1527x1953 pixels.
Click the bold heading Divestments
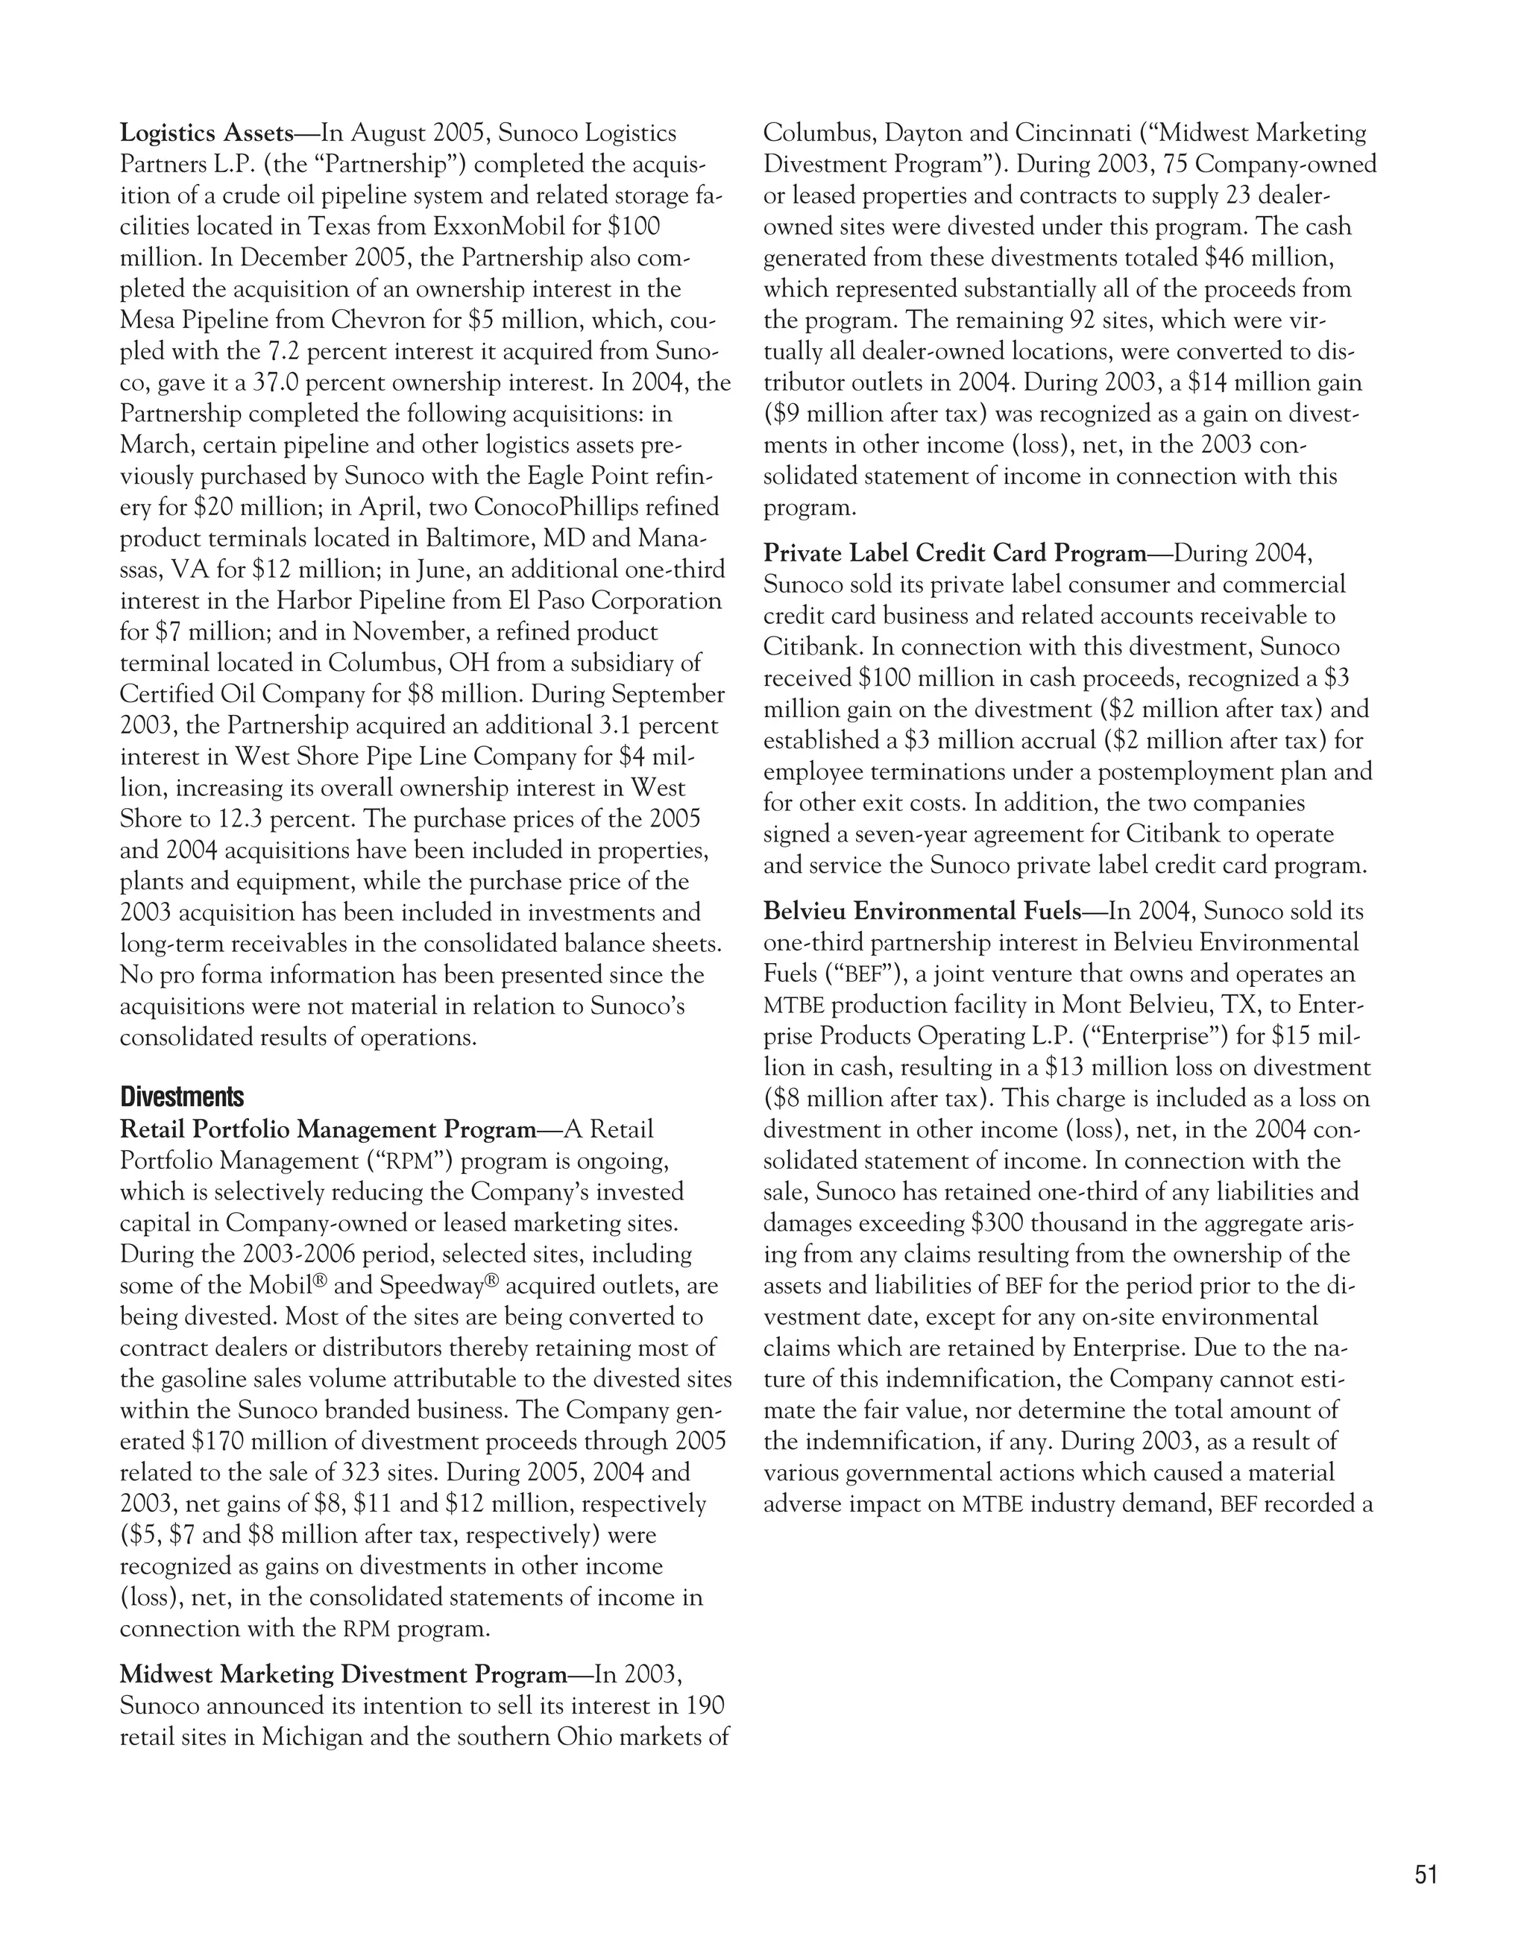coord(182,1097)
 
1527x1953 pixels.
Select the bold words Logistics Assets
coord(207,134)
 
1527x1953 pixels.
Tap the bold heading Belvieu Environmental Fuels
coord(922,911)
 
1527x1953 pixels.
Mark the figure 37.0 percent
coord(321,382)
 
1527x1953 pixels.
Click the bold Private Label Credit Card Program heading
coord(954,554)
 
